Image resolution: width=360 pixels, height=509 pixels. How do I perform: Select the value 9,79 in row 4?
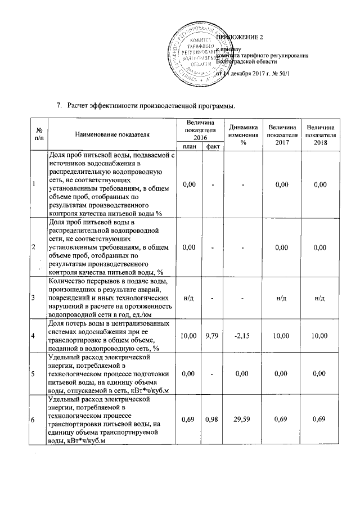coord(213,336)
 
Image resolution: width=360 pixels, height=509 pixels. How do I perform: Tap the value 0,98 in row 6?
coord(213,420)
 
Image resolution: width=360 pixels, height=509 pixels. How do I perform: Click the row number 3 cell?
coord(34,298)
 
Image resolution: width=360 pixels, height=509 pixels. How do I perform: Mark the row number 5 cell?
coord(34,373)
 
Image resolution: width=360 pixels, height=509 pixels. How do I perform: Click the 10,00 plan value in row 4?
coord(188,336)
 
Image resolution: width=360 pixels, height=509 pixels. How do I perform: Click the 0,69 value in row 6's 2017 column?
coord(282,420)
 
